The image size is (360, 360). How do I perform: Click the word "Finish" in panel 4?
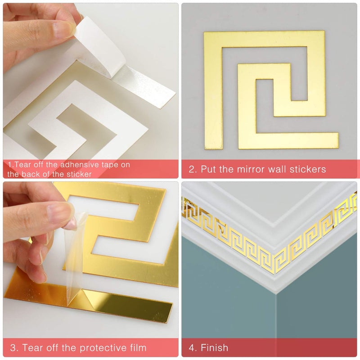[x=215, y=347]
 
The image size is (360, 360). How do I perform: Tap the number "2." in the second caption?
[x=193, y=170]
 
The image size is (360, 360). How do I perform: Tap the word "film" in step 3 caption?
[x=137, y=347]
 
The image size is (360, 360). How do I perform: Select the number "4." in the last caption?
[x=193, y=347]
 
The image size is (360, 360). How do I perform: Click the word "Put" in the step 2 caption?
[x=209, y=170]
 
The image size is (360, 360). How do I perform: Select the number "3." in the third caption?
[x=13, y=347]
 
